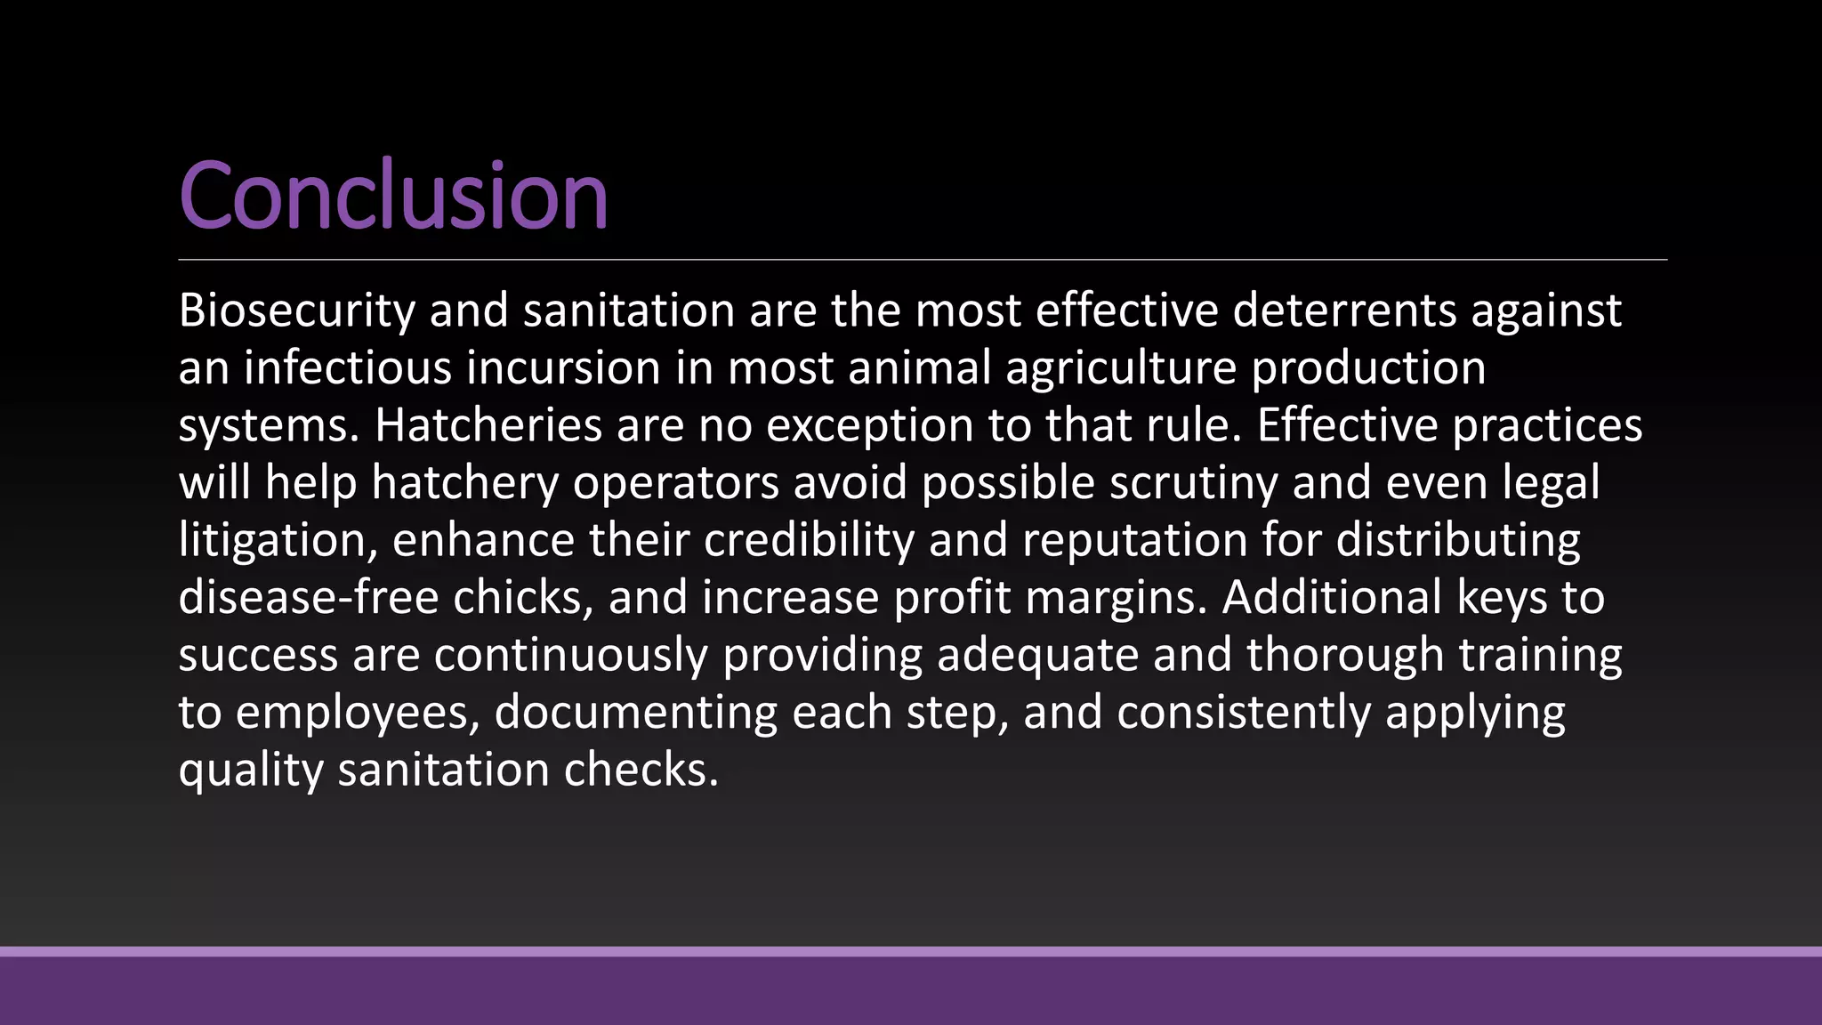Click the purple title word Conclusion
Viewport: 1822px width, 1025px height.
[393, 195]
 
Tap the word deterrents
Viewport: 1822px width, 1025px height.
[1344, 311]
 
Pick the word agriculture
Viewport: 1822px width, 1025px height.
[1121, 367]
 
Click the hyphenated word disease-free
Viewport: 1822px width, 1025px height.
[308, 597]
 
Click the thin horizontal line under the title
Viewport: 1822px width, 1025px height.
[923, 260]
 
